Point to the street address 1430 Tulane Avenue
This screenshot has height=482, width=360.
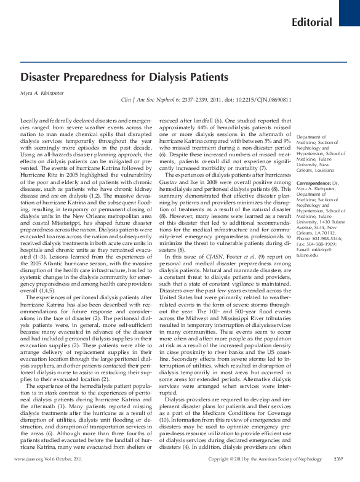(x=322, y=219)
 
